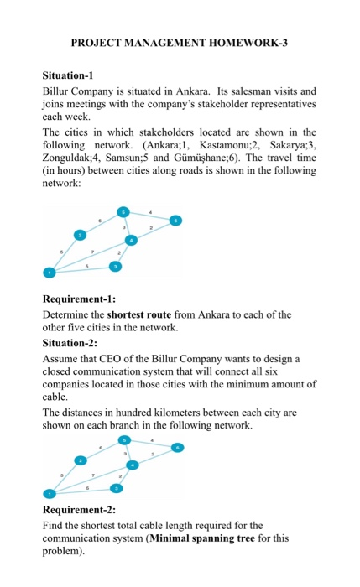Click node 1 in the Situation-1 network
[x=49, y=272]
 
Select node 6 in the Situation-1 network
[x=175, y=221]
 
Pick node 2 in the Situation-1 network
[x=81, y=236]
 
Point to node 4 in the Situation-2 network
[x=132, y=465]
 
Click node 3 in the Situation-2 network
[x=117, y=487]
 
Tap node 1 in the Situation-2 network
[x=49, y=492]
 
